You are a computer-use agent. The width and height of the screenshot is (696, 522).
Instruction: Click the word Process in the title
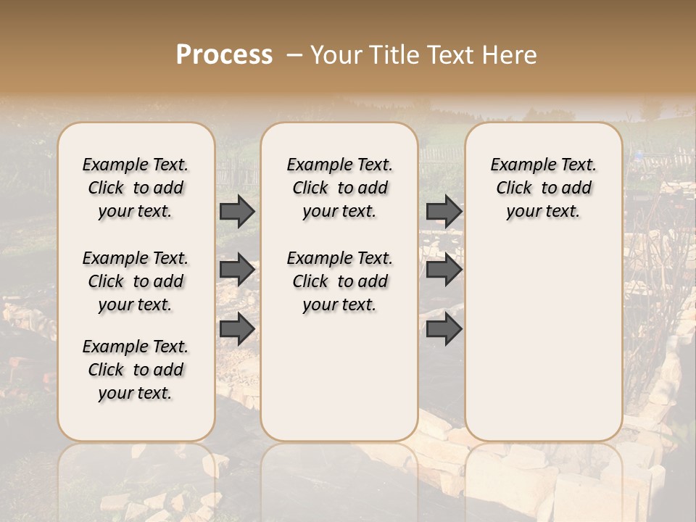[x=224, y=55]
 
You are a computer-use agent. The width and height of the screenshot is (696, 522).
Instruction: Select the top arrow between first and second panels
[x=237, y=211]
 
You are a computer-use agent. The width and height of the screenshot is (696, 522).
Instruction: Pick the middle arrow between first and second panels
[x=237, y=270]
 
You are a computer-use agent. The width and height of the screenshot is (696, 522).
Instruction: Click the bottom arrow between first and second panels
[x=237, y=328]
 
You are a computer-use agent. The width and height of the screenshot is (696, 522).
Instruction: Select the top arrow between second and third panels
[x=444, y=211]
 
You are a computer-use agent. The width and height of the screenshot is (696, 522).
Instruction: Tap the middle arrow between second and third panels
[x=444, y=270]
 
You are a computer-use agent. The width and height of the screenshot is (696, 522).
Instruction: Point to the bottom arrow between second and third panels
[x=444, y=328]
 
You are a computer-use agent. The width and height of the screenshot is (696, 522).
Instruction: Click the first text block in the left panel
[x=136, y=188]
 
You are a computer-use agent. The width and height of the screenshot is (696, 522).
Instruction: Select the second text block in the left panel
[x=136, y=281]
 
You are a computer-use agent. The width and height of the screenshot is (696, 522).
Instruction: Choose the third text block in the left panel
[x=136, y=370]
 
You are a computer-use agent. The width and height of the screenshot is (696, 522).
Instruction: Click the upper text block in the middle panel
[x=340, y=188]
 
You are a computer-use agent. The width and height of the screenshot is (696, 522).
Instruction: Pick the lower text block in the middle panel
[x=340, y=281]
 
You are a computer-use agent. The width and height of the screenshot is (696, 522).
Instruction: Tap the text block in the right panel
[x=544, y=188]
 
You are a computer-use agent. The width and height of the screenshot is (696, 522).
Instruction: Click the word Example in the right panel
[x=520, y=165]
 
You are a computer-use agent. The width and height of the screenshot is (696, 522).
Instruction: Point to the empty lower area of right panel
[x=544, y=341]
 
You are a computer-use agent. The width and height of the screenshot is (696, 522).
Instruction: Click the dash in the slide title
[x=294, y=55]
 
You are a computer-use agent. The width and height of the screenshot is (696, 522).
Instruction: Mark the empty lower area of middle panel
[x=339, y=377]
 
